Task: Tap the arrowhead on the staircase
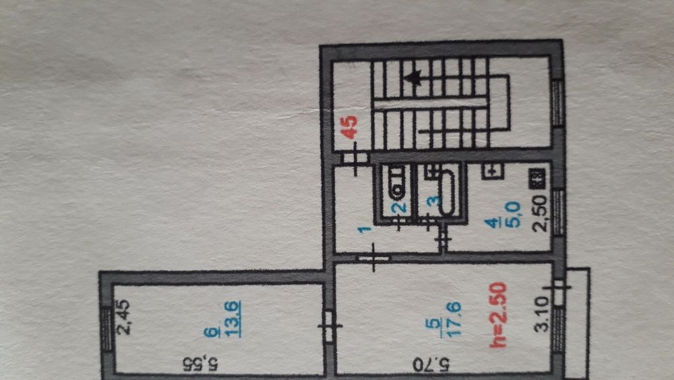(x=413, y=78)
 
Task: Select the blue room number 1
(x=365, y=229)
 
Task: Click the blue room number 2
(x=400, y=207)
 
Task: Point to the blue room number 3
(x=435, y=200)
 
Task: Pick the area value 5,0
(x=515, y=215)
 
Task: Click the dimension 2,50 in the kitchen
(x=540, y=213)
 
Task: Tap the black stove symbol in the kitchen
(x=538, y=178)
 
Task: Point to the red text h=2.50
(x=498, y=315)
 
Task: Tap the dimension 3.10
(x=542, y=314)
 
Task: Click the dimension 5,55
(x=201, y=364)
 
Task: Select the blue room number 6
(x=210, y=333)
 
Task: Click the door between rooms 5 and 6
(x=330, y=326)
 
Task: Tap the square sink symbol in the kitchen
(x=493, y=171)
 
